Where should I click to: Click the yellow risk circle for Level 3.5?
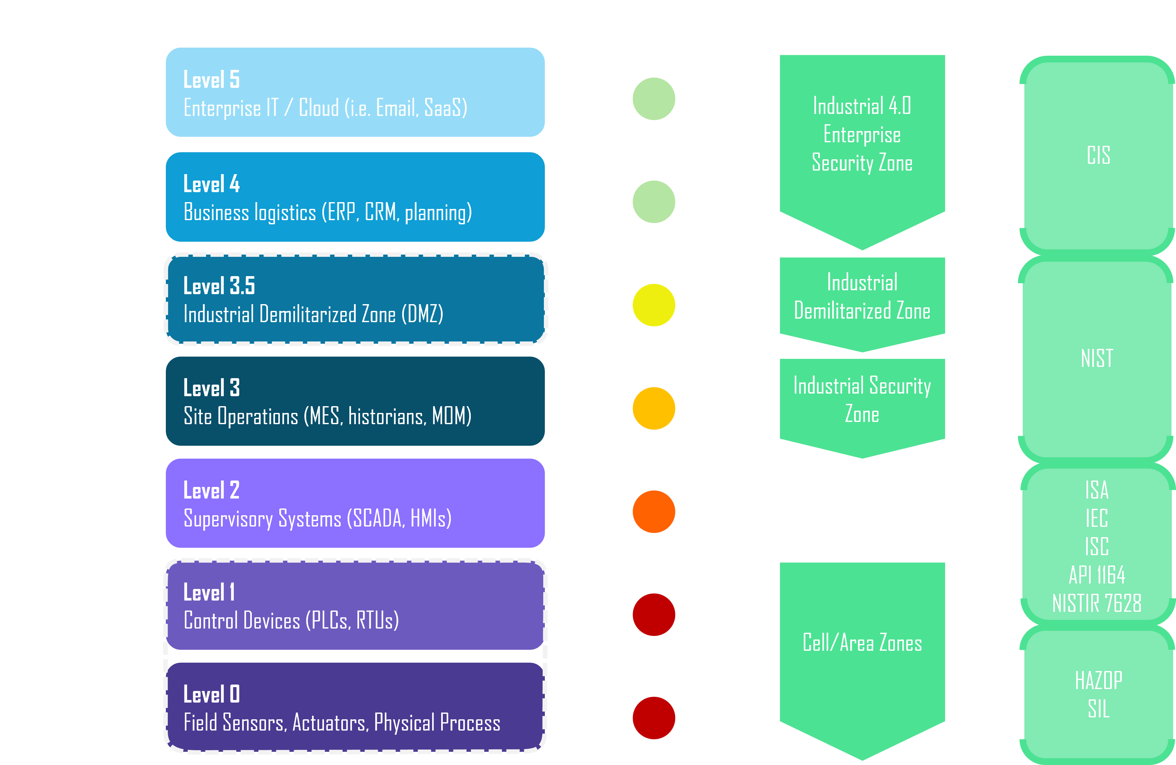coord(654,305)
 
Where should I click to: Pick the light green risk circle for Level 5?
coord(654,99)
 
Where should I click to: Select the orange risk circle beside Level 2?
coord(654,512)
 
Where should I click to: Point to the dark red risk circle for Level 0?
coord(654,718)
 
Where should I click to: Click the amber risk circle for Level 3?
coord(654,408)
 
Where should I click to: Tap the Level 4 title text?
coord(212,184)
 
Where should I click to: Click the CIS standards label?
coord(1098,155)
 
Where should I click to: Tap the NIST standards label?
coord(1097,358)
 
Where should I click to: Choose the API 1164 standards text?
coord(1097,575)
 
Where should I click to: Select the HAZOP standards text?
coord(1098,681)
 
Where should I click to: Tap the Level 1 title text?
coord(209,592)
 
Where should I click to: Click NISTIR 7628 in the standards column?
coord(1097,603)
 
